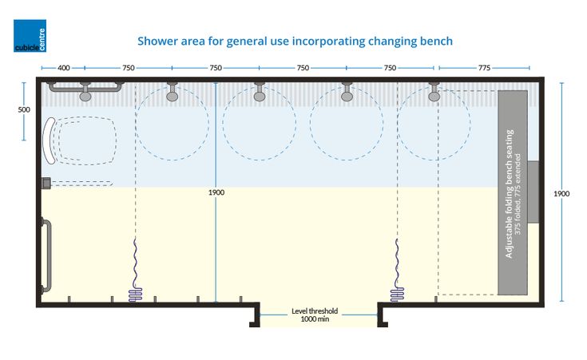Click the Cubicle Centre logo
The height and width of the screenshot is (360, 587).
tap(30, 36)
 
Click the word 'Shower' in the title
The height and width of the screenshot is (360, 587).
tap(156, 41)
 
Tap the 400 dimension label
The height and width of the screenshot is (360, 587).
tap(64, 68)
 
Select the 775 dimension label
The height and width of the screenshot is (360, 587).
tap(484, 68)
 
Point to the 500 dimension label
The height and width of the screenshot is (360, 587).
tap(24, 109)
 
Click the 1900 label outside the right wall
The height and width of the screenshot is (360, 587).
tap(561, 193)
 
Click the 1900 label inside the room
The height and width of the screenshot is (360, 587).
tap(216, 192)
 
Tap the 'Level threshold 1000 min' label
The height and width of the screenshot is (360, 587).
tap(315, 315)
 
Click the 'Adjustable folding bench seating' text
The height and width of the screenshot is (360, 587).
tap(510, 193)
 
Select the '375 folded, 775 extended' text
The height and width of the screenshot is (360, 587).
tap(518, 194)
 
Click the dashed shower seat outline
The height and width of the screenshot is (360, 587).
tap(84, 140)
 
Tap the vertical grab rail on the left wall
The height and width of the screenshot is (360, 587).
tap(46, 255)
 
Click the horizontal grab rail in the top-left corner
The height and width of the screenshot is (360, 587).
tap(85, 88)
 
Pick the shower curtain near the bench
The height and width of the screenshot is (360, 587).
tap(397, 270)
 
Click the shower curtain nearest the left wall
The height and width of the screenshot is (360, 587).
tap(135, 270)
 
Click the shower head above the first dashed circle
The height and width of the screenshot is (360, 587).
tap(173, 92)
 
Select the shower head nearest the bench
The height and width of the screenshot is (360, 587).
tap(434, 92)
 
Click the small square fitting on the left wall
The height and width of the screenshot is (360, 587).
tap(46, 183)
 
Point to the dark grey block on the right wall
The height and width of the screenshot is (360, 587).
tap(533, 192)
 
